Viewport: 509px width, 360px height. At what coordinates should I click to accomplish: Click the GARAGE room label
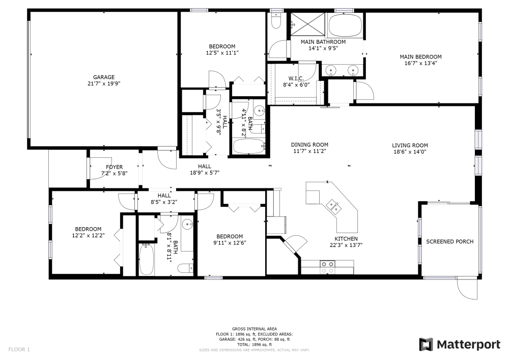(103, 77)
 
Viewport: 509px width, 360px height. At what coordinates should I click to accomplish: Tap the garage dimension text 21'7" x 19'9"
(103, 84)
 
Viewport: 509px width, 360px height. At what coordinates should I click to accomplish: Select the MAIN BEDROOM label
(420, 57)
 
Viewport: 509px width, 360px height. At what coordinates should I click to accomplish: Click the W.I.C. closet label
(296, 78)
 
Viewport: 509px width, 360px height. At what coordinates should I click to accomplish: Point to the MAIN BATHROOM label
(323, 42)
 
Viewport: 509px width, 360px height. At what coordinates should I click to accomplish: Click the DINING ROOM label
(309, 145)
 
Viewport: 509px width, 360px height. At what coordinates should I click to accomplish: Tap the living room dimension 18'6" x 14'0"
(409, 151)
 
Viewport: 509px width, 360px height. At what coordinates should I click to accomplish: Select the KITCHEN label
(346, 239)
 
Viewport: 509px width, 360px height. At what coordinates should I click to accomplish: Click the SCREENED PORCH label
(449, 241)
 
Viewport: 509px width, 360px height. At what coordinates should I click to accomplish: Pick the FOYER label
(114, 167)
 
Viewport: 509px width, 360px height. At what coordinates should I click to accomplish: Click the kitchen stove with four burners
(327, 265)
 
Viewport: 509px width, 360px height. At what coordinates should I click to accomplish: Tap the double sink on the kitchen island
(334, 206)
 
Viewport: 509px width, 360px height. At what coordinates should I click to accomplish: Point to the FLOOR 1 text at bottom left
(19, 349)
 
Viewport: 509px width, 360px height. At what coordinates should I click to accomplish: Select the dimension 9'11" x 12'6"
(229, 242)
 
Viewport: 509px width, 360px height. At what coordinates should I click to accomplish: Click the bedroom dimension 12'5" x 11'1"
(222, 52)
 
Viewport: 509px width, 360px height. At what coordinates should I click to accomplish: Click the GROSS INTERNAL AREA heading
(254, 329)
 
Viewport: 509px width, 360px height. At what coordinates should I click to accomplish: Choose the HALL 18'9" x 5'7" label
(205, 172)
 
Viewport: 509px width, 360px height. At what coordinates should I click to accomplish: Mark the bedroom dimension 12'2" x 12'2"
(88, 235)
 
